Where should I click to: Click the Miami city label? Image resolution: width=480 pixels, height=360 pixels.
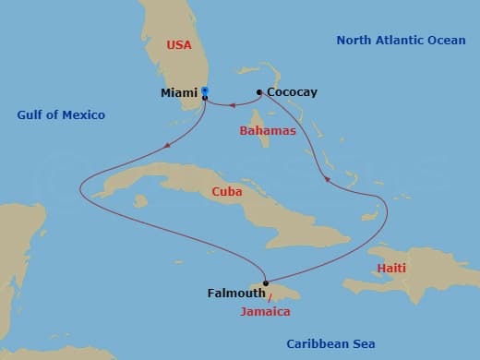178,92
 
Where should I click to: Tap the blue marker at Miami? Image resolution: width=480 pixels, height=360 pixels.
205,91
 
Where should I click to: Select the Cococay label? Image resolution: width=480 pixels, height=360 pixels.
291,92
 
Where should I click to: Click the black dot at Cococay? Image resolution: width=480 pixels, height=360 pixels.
259,91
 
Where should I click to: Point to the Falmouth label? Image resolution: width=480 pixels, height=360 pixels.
234,294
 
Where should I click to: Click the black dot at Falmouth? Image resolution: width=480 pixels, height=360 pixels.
265,283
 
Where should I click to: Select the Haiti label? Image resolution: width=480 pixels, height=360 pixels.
390,268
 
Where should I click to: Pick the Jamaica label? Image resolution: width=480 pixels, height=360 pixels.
264,312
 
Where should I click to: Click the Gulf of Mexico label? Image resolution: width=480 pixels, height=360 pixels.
61,114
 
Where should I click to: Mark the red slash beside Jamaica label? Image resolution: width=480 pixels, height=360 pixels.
270,299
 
